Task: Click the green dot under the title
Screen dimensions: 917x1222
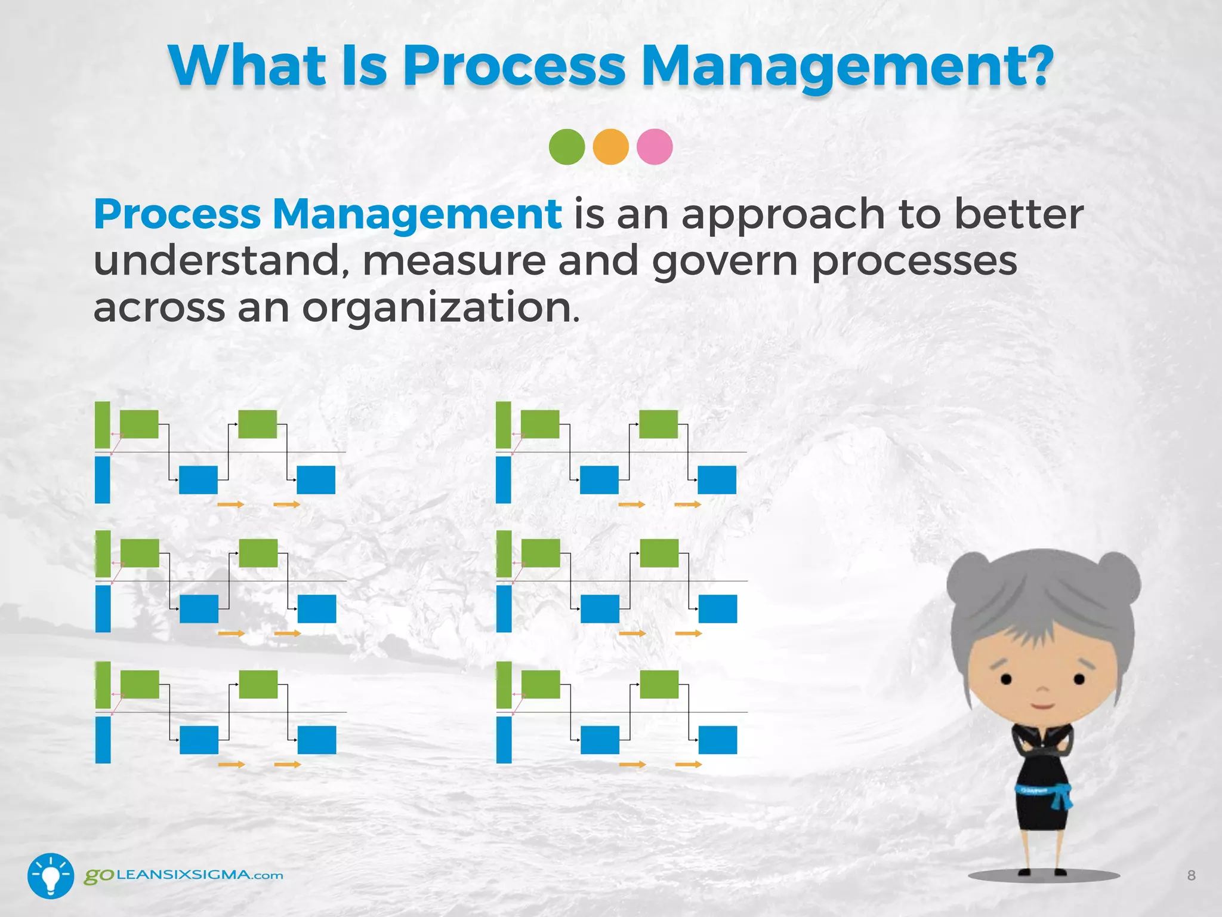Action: tap(566, 147)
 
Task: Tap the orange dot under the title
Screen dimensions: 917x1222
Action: tap(610, 147)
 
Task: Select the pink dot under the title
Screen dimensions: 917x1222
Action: tap(655, 147)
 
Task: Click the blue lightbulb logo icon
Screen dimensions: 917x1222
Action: tap(51, 876)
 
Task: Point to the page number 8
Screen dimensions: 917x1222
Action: tap(1191, 876)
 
